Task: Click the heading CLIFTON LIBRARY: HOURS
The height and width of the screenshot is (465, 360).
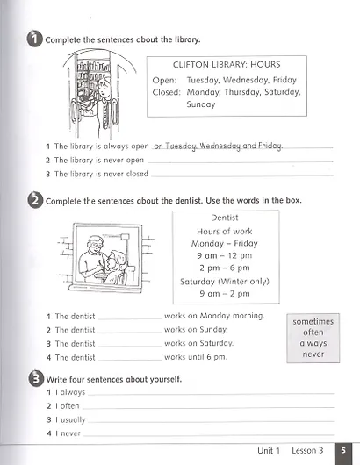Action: pyautogui.click(x=227, y=63)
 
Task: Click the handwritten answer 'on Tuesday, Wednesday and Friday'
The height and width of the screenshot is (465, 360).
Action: pyautogui.click(x=218, y=146)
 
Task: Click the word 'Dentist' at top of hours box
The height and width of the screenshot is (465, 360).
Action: pyautogui.click(x=226, y=217)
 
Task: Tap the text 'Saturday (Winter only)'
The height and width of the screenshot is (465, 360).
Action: pyautogui.click(x=226, y=282)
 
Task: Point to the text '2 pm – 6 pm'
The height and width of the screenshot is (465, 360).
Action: pyautogui.click(x=226, y=268)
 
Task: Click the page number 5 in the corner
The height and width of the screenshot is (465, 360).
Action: pyautogui.click(x=345, y=450)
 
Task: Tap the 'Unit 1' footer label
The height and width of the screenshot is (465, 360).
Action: pyautogui.click(x=268, y=450)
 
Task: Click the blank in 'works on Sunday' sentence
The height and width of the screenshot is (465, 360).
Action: pyautogui.click(x=130, y=331)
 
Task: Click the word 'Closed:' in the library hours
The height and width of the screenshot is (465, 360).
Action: pyautogui.click(x=166, y=91)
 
